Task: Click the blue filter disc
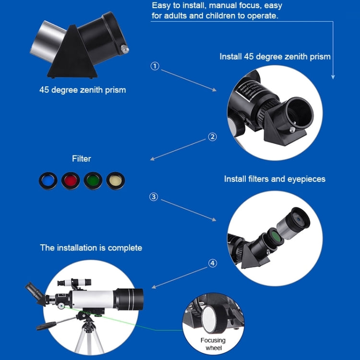click(48, 180)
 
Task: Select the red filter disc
click(71, 180)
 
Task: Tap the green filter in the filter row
click(93, 180)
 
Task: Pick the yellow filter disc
click(116, 180)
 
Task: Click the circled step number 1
click(155, 66)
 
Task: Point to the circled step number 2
click(213, 137)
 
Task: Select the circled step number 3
click(154, 197)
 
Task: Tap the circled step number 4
click(213, 263)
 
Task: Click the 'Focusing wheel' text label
click(213, 344)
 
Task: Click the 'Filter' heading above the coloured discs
click(81, 158)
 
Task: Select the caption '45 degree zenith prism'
click(83, 90)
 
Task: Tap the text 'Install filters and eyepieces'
click(275, 179)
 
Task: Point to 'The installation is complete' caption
click(91, 248)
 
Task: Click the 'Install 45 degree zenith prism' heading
click(275, 57)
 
